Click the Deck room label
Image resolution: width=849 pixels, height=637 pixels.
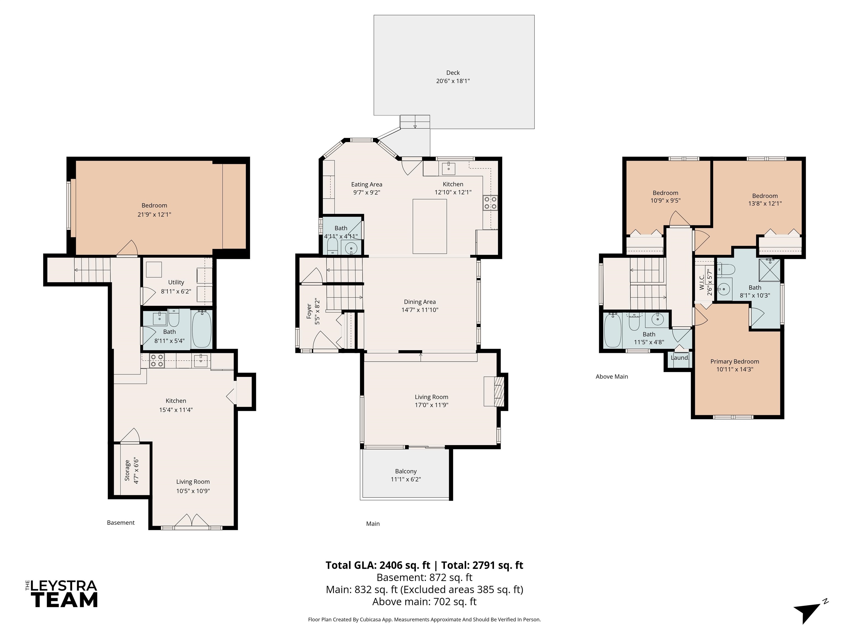[x=453, y=72]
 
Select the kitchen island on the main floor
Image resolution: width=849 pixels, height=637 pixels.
[x=429, y=226]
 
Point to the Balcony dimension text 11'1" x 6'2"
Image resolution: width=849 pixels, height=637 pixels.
[x=405, y=479]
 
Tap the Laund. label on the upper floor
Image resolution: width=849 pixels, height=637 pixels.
[x=679, y=357]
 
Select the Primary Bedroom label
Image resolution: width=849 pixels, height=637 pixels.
[x=735, y=361]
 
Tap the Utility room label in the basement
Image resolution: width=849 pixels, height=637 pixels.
[x=176, y=282]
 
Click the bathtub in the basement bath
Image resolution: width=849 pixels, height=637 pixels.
[x=201, y=329]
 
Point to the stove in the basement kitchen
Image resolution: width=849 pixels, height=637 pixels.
[x=157, y=361]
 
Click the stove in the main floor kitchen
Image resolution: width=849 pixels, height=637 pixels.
[x=490, y=203]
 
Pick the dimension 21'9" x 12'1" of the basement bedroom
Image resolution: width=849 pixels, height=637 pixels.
[x=154, y=214]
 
